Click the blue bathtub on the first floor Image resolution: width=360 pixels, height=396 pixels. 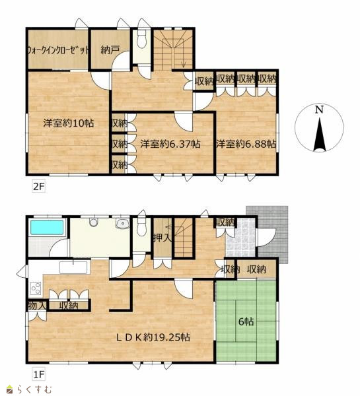(47, 227)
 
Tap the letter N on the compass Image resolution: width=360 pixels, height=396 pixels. (319, 110)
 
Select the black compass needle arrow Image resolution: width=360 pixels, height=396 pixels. (319, 135)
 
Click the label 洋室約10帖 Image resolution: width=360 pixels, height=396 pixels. (68, 123)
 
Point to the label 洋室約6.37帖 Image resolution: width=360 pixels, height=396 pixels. (170, 144)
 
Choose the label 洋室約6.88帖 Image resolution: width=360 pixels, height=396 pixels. (246, 144)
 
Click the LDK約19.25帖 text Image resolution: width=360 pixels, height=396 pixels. (153, 337)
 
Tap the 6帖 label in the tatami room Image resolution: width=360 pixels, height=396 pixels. (246, 322)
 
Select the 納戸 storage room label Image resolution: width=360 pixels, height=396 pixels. (110, 50)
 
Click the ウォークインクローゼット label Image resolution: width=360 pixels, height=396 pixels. (58, 50)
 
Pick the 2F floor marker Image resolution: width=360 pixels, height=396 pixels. (39, 187)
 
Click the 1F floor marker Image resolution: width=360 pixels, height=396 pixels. (39, 374)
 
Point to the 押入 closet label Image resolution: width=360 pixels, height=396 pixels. (162, 238)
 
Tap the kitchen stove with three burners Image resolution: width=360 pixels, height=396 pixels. (36, 288)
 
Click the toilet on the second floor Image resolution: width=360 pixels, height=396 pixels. (142, 39)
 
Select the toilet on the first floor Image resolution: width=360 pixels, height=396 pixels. (142, 227)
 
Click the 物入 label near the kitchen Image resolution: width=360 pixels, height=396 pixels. (37, 306)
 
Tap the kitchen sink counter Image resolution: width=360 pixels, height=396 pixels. (73, 267)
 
